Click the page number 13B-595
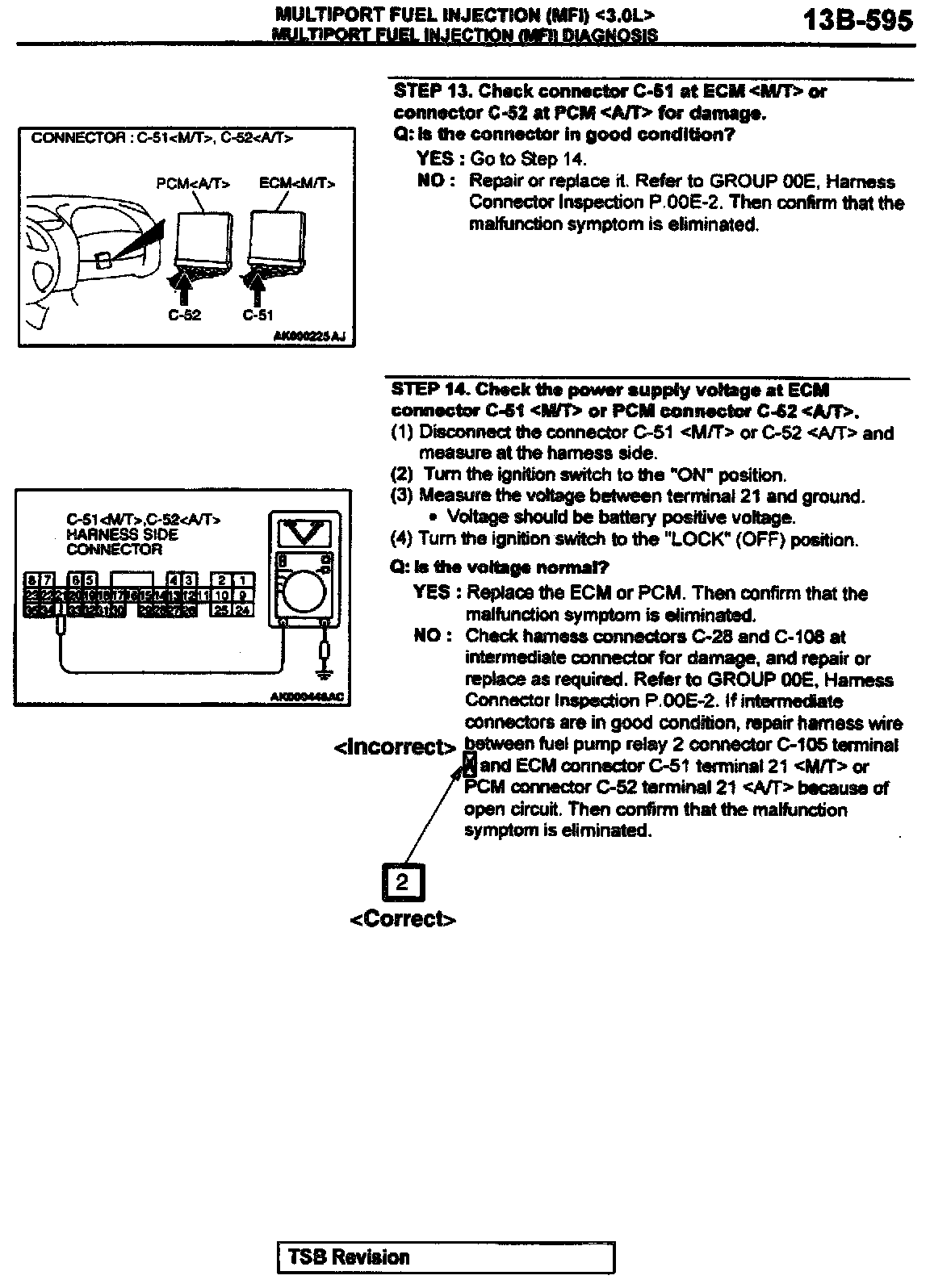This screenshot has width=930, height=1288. pos(858,21)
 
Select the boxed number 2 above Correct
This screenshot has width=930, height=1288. pos(402,882)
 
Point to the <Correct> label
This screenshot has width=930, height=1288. pos(403,919)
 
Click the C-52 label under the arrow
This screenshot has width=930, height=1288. pos(184,316)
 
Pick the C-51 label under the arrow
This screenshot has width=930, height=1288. pos(258,316)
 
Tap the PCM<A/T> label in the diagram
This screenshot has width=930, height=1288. pos(193,184)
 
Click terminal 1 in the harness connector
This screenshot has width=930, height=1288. pos(243,580)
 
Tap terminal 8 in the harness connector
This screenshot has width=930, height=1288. pos(31,580)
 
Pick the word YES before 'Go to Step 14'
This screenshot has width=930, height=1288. pos(435,159)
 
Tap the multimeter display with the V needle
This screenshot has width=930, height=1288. pos(299,532)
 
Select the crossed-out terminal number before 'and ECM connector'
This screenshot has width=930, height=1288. pos(471,765)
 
